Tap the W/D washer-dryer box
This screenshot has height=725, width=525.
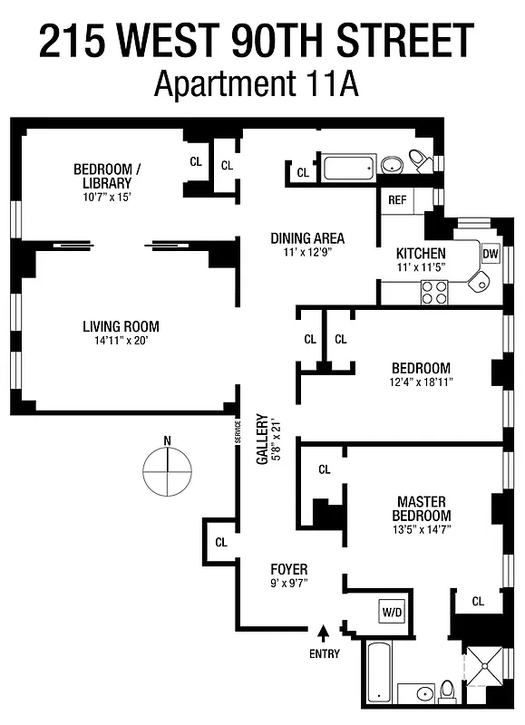pos(392,612)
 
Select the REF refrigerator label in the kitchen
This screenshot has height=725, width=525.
pos(397,200)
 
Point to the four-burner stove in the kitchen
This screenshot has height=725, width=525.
pos(434,292)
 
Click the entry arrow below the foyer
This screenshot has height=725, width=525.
pos(324,632)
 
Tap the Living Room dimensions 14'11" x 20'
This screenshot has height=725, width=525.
pos(121,342)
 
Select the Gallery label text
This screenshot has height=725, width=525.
pos(263,440)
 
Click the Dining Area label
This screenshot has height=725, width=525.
pos(307,239)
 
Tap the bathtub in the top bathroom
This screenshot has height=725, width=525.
pos(348,168)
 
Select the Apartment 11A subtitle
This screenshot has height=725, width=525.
pos(257,83)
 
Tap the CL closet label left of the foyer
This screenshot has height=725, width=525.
pos(221,542)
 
